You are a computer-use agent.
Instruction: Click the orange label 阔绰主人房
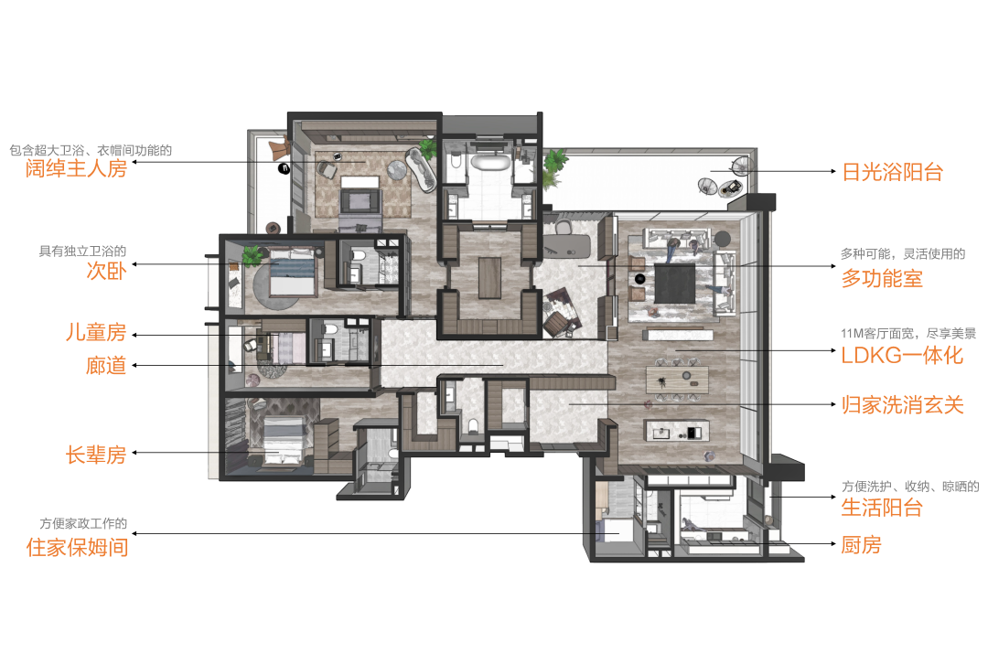coord(76,169)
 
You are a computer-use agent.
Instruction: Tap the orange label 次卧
coord(106,270)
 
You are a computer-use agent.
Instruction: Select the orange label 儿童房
coord(96,332)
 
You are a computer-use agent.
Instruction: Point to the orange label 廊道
coord(106,366)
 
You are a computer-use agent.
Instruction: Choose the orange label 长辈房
coord(96,455)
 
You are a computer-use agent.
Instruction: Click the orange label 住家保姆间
coord(77,548)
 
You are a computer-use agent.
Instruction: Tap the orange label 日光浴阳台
coord(892,172)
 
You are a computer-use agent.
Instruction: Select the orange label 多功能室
coord(882,278)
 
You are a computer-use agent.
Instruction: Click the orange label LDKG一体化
coord(902,355)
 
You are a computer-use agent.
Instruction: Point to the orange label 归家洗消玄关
coord(903,404)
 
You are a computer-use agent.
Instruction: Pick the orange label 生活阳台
coord(882,507)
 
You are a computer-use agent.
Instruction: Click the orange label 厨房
coord(862,544)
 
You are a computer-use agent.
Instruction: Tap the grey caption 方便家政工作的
coord(83,523)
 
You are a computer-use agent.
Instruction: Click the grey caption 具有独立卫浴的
coord(82,252)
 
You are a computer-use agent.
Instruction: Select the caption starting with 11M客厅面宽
coord(908,333)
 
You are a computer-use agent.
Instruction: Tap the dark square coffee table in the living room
coord(675,284)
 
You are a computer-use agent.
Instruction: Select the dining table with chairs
coord(677,380)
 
